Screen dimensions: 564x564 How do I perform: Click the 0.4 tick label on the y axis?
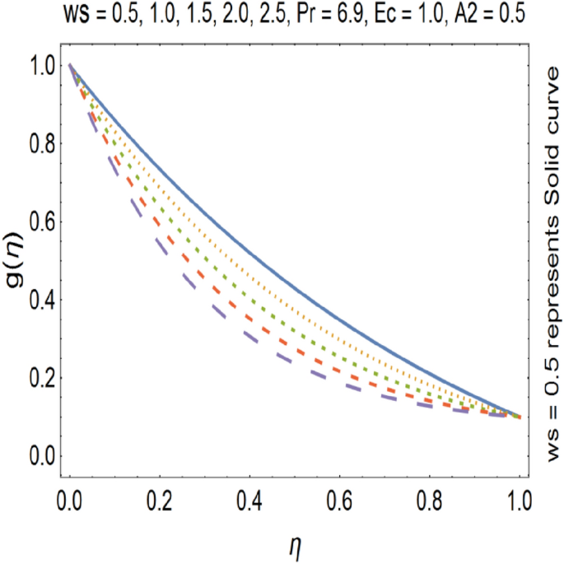(41, 301)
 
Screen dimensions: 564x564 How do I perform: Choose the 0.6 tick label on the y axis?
(41, 222)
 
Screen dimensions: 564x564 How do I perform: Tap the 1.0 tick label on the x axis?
(519, 501)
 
